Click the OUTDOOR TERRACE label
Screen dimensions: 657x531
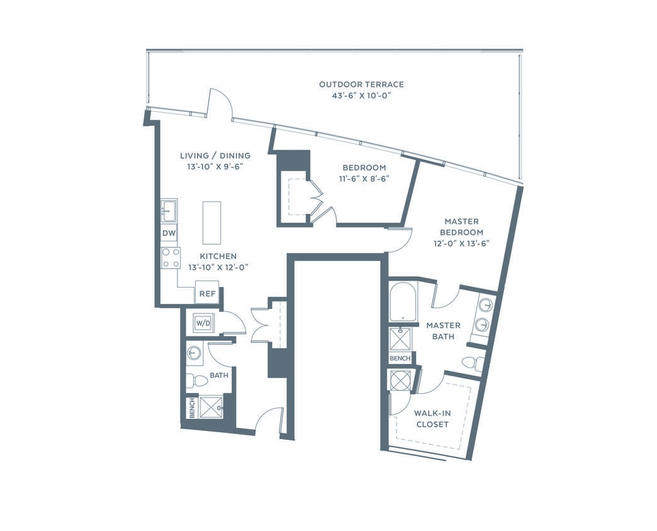(361, 84)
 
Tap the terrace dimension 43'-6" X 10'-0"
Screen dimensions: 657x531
(361, 96)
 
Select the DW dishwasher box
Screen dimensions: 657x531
(169, 233)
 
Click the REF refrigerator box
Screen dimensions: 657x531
(208, 294)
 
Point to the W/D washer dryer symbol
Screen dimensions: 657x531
(204, 323)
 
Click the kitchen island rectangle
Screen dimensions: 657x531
(212, 223)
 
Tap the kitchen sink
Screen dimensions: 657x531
(169, 211)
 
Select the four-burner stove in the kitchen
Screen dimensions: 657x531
(171, 258)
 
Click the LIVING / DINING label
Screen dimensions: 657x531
(215, 156)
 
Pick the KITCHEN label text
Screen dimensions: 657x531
(218, 256)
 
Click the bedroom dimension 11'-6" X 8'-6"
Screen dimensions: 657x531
(364, 179)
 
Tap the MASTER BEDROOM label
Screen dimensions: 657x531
(461, 226)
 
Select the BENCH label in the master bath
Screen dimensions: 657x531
(400, 359)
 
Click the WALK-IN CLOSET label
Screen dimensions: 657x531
(432, 419)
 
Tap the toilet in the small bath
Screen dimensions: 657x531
(198, 380)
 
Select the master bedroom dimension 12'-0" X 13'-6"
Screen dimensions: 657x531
(461, 243)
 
